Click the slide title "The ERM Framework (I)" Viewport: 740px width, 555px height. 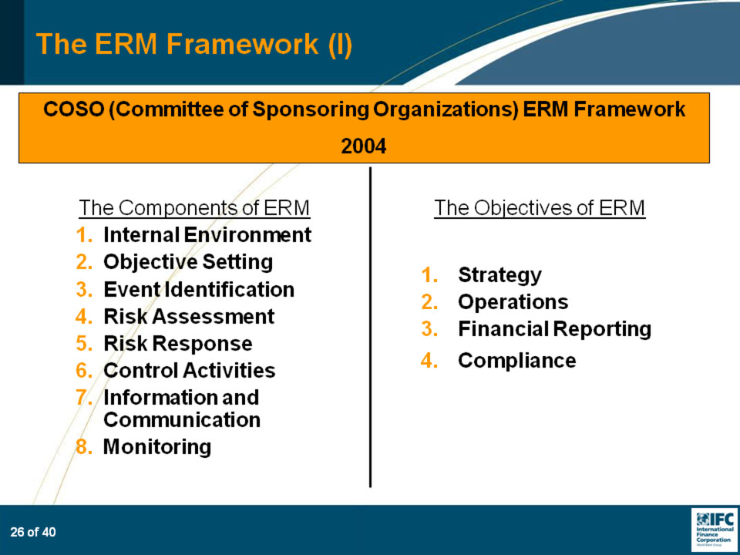[x=194, y=44]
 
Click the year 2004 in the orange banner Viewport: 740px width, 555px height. [x=363, y=146]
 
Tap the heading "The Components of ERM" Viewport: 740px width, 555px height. [x=194, y=207]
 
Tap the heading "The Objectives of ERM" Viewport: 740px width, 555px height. [x=540, y=207]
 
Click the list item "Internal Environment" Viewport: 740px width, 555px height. [x=207, y=234]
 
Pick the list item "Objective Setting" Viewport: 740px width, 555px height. [x=188, y=262]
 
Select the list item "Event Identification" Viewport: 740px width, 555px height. [x=199, y=289]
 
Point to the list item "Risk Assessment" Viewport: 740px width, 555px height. [x=189, y=316]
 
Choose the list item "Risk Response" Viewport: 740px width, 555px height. [x=178, y=344]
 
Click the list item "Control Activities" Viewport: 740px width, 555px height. [x=190, y=370]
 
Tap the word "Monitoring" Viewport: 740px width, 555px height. [x=157, y=446]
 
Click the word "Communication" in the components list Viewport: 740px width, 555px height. [x=182, y=419]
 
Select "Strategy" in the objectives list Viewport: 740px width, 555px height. [x=499, y=275]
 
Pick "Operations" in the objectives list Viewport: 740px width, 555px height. [x=513, y=302]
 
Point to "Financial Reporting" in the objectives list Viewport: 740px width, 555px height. [x=554, y=329]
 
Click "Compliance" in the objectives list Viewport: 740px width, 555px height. [x=516, y=361]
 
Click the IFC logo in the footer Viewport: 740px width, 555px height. [x=715, y=529]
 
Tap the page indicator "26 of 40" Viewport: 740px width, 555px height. [x=33, y=533]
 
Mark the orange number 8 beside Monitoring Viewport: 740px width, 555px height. [x=83, y=446]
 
